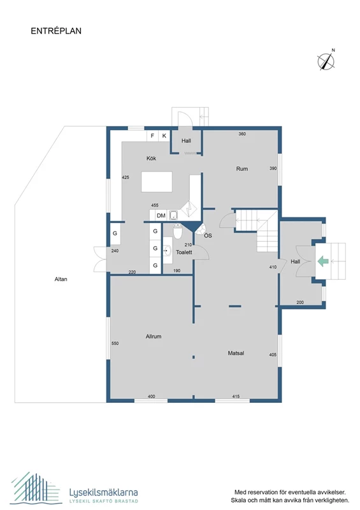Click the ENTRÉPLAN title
click(56, 30)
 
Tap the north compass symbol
click(327, 61)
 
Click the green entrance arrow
click(322, 260)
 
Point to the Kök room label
click(152, 158)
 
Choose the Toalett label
click(185, 252)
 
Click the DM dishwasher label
click(161, 216)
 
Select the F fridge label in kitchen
click(152, 136)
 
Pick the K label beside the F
click(164, 136)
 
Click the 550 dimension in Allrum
click(115, 344)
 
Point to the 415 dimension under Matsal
click(236, 397)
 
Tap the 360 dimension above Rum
click(242, 134)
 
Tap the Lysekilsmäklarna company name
click(103, 492)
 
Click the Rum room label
click(241, 169)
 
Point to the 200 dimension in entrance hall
click(300, 302)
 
